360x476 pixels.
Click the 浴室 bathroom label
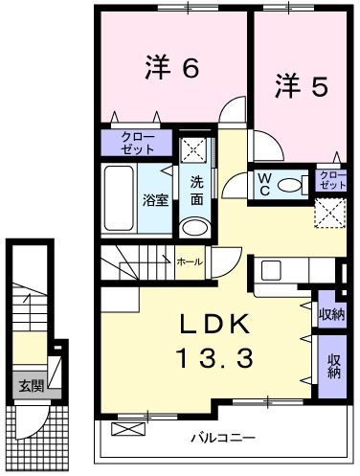(x=156, y=200)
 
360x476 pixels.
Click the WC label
(x=264, y=182)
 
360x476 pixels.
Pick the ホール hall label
(x=188, y=260)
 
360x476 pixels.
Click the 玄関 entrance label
(x=31, y=386)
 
